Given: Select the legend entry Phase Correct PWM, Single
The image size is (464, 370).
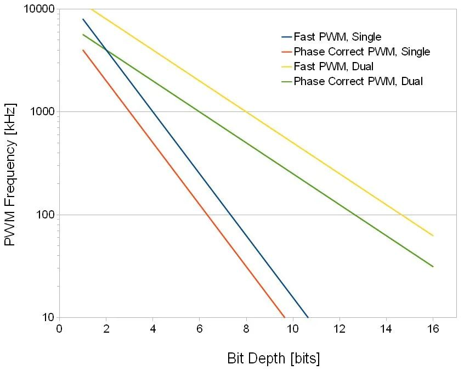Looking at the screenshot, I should click(x=361, y=52).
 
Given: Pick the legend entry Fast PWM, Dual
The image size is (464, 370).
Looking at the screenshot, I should click(x=333, y=67).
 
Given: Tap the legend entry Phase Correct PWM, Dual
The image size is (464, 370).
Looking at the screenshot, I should click(x=358, y=82).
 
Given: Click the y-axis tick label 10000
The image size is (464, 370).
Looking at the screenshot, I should click(x=39, y=9).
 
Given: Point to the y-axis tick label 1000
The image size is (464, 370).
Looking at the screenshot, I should click(x=42, y=112).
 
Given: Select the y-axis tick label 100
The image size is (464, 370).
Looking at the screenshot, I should click(x=44, y=215).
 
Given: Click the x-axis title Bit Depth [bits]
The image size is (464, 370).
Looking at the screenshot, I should click(x=273, y=358).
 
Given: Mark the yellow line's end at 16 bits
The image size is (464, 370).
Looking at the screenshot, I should click(x=433, y=236).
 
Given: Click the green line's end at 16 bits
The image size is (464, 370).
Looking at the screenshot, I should click(x=433, y=266).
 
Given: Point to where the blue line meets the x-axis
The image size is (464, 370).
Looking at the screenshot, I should click(x=308, y=317).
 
